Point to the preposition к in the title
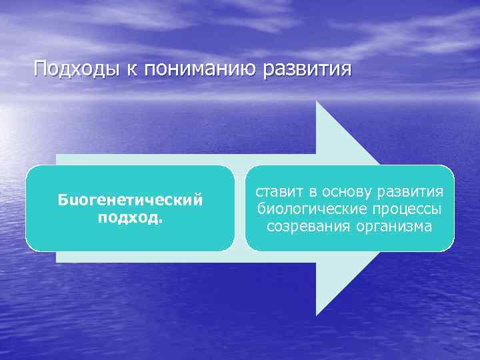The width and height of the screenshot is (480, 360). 129,69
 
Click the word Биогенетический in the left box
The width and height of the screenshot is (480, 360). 130,199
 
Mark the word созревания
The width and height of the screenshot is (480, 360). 304,227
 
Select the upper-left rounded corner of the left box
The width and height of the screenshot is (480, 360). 31,171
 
